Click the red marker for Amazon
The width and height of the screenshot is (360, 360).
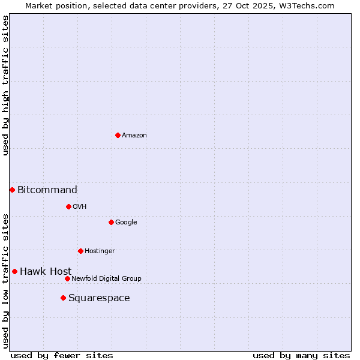click(x=118, y=135)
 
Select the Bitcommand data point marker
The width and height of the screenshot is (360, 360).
click(x=12, y=190)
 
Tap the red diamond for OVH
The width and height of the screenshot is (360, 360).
click(x=68, y=206)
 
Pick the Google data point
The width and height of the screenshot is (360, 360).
click(x=111, y=222)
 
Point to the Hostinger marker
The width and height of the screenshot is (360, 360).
click(x=80, y=251)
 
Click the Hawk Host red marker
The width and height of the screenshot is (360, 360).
click(x=14, y=271)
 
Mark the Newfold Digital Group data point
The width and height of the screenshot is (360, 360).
click(x=67, y=278)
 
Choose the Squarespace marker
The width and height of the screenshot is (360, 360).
click(x=63, y=298)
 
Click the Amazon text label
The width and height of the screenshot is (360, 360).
click(x=134, y=136)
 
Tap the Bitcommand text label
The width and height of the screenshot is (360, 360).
click(x=47, y=190)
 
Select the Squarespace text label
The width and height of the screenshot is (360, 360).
click(x=99, y=298)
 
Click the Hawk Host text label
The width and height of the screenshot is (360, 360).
click(x=46, y=272)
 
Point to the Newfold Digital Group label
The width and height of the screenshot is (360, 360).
click(x=106, y=278)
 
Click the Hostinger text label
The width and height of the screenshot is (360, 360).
click(x=100, y=251)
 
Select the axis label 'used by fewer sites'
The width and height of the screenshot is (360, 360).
click(x=62, y=355)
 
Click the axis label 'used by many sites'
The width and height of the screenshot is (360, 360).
click(x=301, y=355)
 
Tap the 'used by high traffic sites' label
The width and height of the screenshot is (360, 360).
click(x=6, y=85)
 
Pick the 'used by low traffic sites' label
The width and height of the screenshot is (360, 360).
click(x=6, y=280)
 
